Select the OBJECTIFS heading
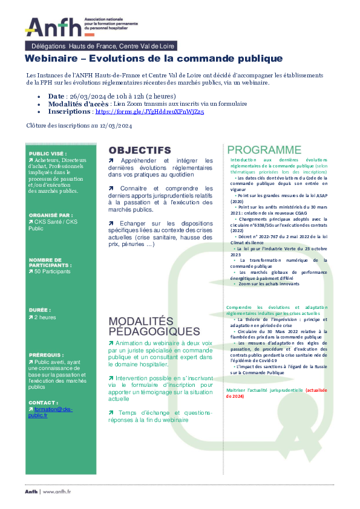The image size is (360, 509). pyautogui.click(x=139, y=150)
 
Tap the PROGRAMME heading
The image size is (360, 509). pyautogui.click(x=264, y=150)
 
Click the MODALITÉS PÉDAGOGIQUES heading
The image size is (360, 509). pyautogui.click(x=154, y=326)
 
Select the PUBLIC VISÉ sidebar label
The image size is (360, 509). pyautogui.click(x=48, y=154)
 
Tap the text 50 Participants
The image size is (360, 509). pyautogui.click(x=53, y=271)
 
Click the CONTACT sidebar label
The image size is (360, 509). pyautogui.click(x=43, y=401)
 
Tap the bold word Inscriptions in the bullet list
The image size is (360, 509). pyautogui.click(x=69, y=112)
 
